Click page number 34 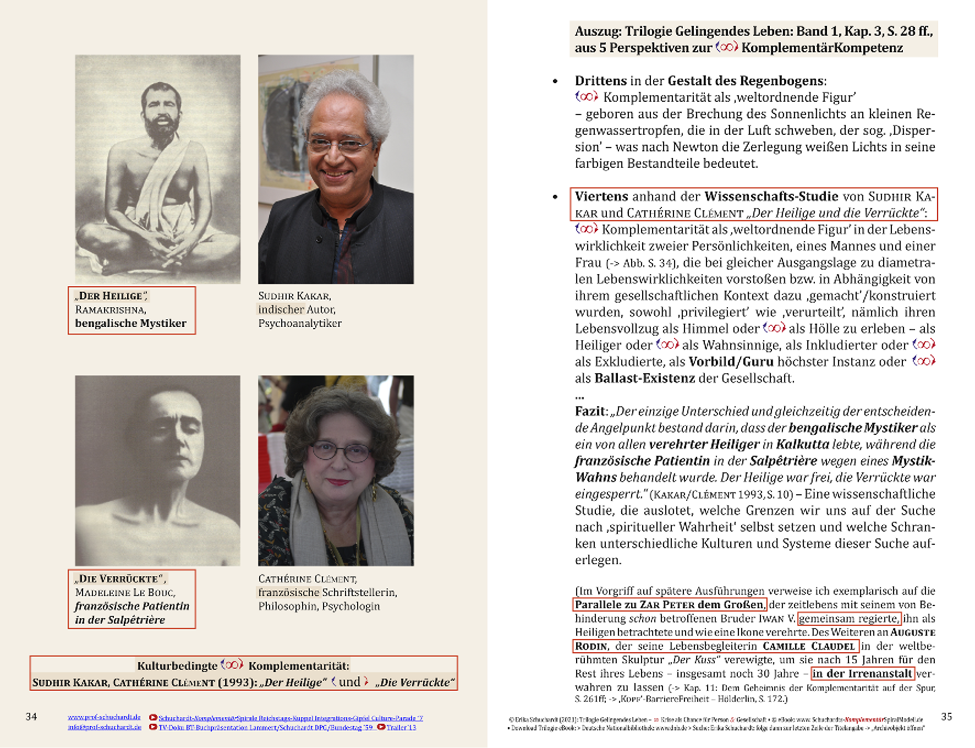[31, 717]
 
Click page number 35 [946, 717]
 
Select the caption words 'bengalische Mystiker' [130, 323]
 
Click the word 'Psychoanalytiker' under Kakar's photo [300, 323]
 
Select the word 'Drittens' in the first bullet [600, 81]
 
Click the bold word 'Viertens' [601, 196]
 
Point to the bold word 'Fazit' [590, 411]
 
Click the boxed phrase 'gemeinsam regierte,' [849, 618]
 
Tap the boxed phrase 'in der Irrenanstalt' [862, 673]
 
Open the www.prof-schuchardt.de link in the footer [104, 717]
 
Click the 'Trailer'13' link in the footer [401, 727]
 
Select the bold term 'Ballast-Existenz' [644, 378]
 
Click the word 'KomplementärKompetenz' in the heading [822, 48]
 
